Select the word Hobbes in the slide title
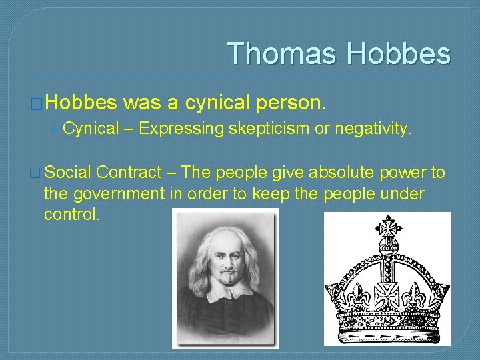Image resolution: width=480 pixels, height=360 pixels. (399, 53)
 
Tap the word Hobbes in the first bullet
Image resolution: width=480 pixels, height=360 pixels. (81, 102)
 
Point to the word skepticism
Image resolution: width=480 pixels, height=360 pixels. (269, 129)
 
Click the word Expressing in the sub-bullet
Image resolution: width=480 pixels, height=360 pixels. (181, 129)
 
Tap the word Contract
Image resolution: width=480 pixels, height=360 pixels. (129, 173)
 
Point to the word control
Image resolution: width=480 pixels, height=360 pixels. (71, 214)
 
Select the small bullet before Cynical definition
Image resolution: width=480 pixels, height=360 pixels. (53, 129)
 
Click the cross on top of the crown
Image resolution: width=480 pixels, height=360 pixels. (387, 227)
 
